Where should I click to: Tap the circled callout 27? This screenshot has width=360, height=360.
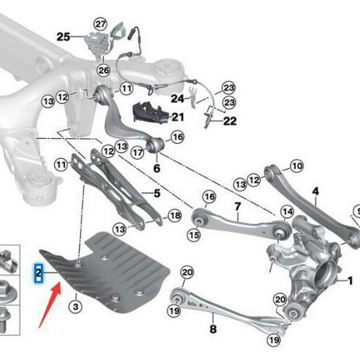click(99, 24)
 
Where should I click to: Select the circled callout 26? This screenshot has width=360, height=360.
click(104, 70)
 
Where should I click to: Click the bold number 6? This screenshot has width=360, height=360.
click(156, 168)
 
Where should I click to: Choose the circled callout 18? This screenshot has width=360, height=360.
click(174, 216)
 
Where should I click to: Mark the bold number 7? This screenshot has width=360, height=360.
click(238, 207)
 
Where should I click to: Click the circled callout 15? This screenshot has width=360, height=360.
click(193, 234)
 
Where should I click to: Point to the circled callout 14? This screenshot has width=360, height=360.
click(287, 211)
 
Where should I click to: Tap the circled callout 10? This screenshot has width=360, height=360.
click(297, 167)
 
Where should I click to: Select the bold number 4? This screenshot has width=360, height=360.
click(315, 191)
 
